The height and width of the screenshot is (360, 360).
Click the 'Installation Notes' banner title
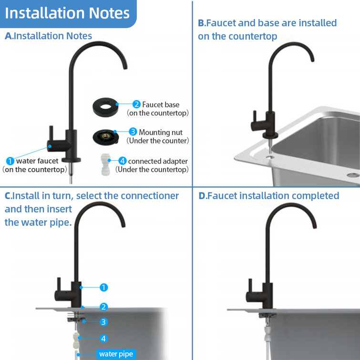pos(67,13)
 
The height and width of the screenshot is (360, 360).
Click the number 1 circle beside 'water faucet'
pos(10,161)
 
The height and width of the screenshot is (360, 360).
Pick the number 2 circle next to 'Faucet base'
pos(136,104)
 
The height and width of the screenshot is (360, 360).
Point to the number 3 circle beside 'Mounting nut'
pos(133,132)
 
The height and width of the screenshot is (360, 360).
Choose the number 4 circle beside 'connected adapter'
pos(122,161)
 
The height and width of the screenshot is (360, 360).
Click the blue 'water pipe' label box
pos(116,354)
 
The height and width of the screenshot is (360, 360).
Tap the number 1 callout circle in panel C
pos(104,288)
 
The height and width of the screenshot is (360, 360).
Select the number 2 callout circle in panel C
pos(104,307)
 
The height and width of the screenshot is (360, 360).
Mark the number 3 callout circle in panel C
pos(104,322)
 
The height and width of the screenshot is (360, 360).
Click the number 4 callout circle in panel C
pos(104,339)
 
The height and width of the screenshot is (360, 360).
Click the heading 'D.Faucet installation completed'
pos(268,195)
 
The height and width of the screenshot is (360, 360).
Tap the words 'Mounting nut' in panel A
pos(161,132)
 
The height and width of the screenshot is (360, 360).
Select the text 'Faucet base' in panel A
pos(161,104)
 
